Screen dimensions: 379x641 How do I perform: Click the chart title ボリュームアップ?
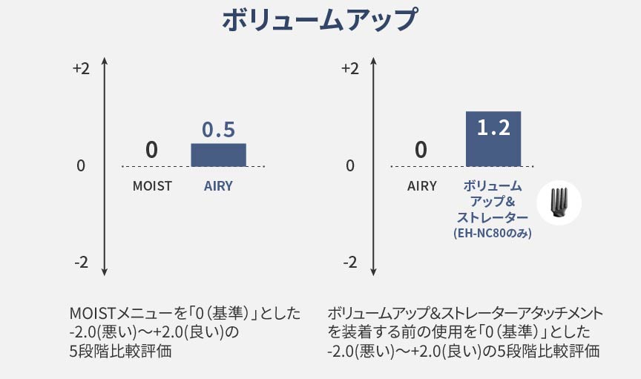pyautogui.click(x=320, y=20)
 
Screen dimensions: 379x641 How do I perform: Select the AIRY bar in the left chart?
pyautogui.click(x=218, y=155)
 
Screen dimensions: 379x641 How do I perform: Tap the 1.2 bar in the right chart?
pyautogui.click(x=493, y=139)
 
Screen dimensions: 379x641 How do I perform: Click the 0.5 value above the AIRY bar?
pyautogui.click(x=218, y=130)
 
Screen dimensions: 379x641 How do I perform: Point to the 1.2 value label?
pyautogui.click(x=493, y=128)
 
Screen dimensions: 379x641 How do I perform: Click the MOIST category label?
pyautogui.click(x=152, y=186)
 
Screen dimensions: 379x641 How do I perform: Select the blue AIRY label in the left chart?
pyautogui.click(x=218, y=186)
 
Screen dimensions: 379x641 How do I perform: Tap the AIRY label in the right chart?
pyautogui.click(x=422, y=186)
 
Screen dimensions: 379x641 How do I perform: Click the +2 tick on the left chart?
pyautogui.click(x=81, y=69)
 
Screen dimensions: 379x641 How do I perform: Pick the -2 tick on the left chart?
pyautogui.click(x=82, y=263)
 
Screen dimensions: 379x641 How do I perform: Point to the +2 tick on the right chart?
pyautogui.click(x=349, y=69)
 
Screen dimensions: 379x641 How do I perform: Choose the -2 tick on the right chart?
pyautogui.click(x=350, y=263)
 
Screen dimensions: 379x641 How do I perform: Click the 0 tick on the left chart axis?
pyautogui.click(x=81, y=165)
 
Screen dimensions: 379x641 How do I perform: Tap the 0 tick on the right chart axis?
pyautogui.click(x=350, y=165)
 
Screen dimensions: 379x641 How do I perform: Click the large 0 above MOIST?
pyautogui.click(x=151, y=150)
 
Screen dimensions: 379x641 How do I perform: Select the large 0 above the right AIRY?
pyautogui.click(x=421, y=150)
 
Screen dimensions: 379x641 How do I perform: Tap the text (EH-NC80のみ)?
pyautogui.click(x=493, y=233)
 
